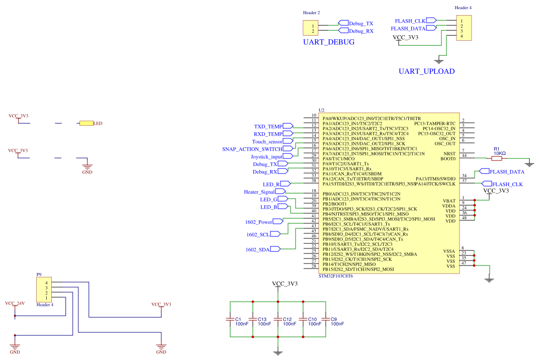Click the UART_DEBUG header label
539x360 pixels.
[328, 42]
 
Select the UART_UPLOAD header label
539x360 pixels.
[426, 71]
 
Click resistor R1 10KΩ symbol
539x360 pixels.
[496, 158]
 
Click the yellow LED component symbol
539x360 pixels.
[86, 123]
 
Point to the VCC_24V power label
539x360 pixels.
[15, 304]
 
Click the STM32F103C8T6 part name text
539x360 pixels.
[336, 277]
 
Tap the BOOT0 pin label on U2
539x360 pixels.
[447, 158]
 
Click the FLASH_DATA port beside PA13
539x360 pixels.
[491, 171]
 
